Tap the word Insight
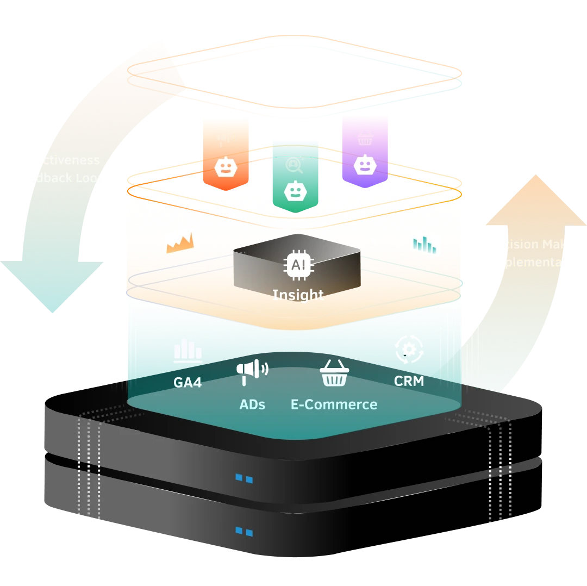pyautogui.click(x=298, y=295)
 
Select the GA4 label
pyautogui.click(x=188, y=383)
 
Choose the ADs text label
pyautogui.click(x=252, y=405)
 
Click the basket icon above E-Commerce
pyautogui.click(x=333, y=374)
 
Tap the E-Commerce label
pyautogui.click(x=334, y=405)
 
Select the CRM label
pyautogui.click(x=409, y=381)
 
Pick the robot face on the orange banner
pyautogui.click(x=224, y=167)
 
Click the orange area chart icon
pyautogui.click(x=179, y=243)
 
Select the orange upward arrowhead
pyautogui.click(x=535, y=201)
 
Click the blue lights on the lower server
pyautogui.click(x=243, y=532)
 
